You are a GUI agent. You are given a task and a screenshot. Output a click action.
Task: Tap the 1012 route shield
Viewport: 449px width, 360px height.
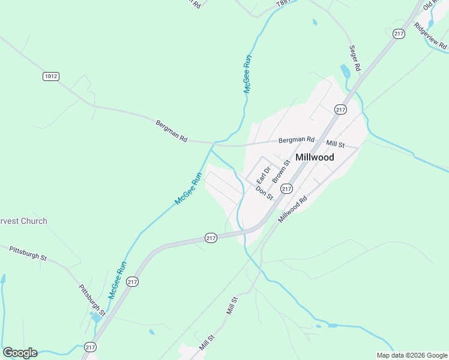[x=51, y=76]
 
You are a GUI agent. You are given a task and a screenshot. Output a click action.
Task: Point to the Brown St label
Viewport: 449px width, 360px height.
[x=281, y=171]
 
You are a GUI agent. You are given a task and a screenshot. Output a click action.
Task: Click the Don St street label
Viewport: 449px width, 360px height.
[x=265, y=193]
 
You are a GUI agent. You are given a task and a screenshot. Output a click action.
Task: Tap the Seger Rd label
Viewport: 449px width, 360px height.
[x=354, y=59]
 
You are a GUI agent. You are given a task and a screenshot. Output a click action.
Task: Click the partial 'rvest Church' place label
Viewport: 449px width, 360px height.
[x=24, y=221]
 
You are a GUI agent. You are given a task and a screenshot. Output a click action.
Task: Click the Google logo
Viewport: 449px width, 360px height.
[x=20, y=353]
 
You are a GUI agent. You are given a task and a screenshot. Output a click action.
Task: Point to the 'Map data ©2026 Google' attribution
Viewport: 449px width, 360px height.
[x=411, y=355]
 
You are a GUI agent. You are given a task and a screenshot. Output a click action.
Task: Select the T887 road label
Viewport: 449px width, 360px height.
[x=284, y=4]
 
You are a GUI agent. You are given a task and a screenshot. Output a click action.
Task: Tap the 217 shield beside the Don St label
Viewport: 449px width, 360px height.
[x=286, y=188]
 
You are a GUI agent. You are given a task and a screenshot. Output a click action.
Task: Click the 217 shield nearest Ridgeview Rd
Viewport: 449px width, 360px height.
[x=399, y=34]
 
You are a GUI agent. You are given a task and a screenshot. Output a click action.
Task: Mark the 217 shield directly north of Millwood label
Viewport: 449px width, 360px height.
[x=340, y=109]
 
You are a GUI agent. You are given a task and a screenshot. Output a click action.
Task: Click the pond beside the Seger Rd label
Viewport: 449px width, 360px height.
[x=345, y=72]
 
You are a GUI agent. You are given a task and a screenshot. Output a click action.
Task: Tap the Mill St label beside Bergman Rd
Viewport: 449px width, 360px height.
[x=335, y=144]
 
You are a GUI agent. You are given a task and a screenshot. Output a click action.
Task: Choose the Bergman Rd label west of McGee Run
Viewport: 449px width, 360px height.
[x=171, y=130]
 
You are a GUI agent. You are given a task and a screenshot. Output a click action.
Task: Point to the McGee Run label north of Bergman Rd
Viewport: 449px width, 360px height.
[x=247, y=73]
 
